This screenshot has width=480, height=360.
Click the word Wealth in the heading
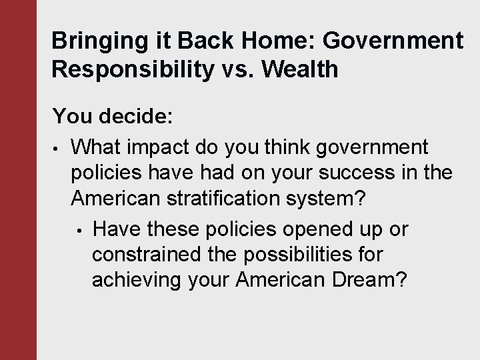tap(301, 69)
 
